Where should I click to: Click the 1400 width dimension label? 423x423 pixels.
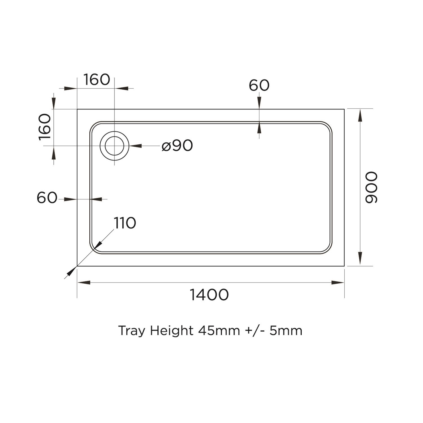209,295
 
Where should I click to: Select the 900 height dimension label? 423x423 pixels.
371,188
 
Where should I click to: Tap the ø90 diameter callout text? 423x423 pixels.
177,146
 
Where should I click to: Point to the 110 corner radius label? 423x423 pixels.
125,223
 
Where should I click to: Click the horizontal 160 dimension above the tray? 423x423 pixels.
96,80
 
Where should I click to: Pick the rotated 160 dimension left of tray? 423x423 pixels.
45,127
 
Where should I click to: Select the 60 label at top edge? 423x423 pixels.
259,85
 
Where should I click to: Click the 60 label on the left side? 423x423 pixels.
47,198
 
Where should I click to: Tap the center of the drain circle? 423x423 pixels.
114,146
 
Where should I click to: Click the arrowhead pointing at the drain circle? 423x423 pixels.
135,146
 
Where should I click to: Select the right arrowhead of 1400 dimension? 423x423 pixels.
338,282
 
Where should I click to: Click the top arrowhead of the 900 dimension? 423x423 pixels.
360,115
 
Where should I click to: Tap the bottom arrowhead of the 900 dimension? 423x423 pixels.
360,258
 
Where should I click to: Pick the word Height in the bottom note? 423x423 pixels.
171,331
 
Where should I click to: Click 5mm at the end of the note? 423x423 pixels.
286,331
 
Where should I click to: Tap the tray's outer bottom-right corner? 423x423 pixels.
344,266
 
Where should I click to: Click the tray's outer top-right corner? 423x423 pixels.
344,109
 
